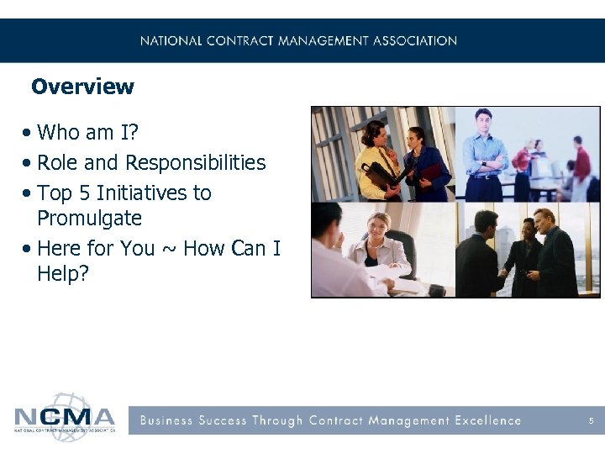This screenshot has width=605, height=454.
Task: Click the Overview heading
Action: click(x=82, y=87)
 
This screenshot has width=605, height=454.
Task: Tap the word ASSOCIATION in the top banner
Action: click(x=414, y=40)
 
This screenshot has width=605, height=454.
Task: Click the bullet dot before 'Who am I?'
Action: click(x=29, y=133)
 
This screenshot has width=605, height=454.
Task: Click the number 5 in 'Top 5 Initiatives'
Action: click(x=87, y=193)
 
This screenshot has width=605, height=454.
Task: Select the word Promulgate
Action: click(x=89, y=219)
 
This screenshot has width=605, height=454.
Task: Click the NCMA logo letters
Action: click(x=64, y=417)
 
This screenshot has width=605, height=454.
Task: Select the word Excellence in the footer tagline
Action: click(x=487, y=420)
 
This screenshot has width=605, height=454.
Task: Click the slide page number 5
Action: click(x=592, y=420)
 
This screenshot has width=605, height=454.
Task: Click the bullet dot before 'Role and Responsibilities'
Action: click(x=29, y=163)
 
